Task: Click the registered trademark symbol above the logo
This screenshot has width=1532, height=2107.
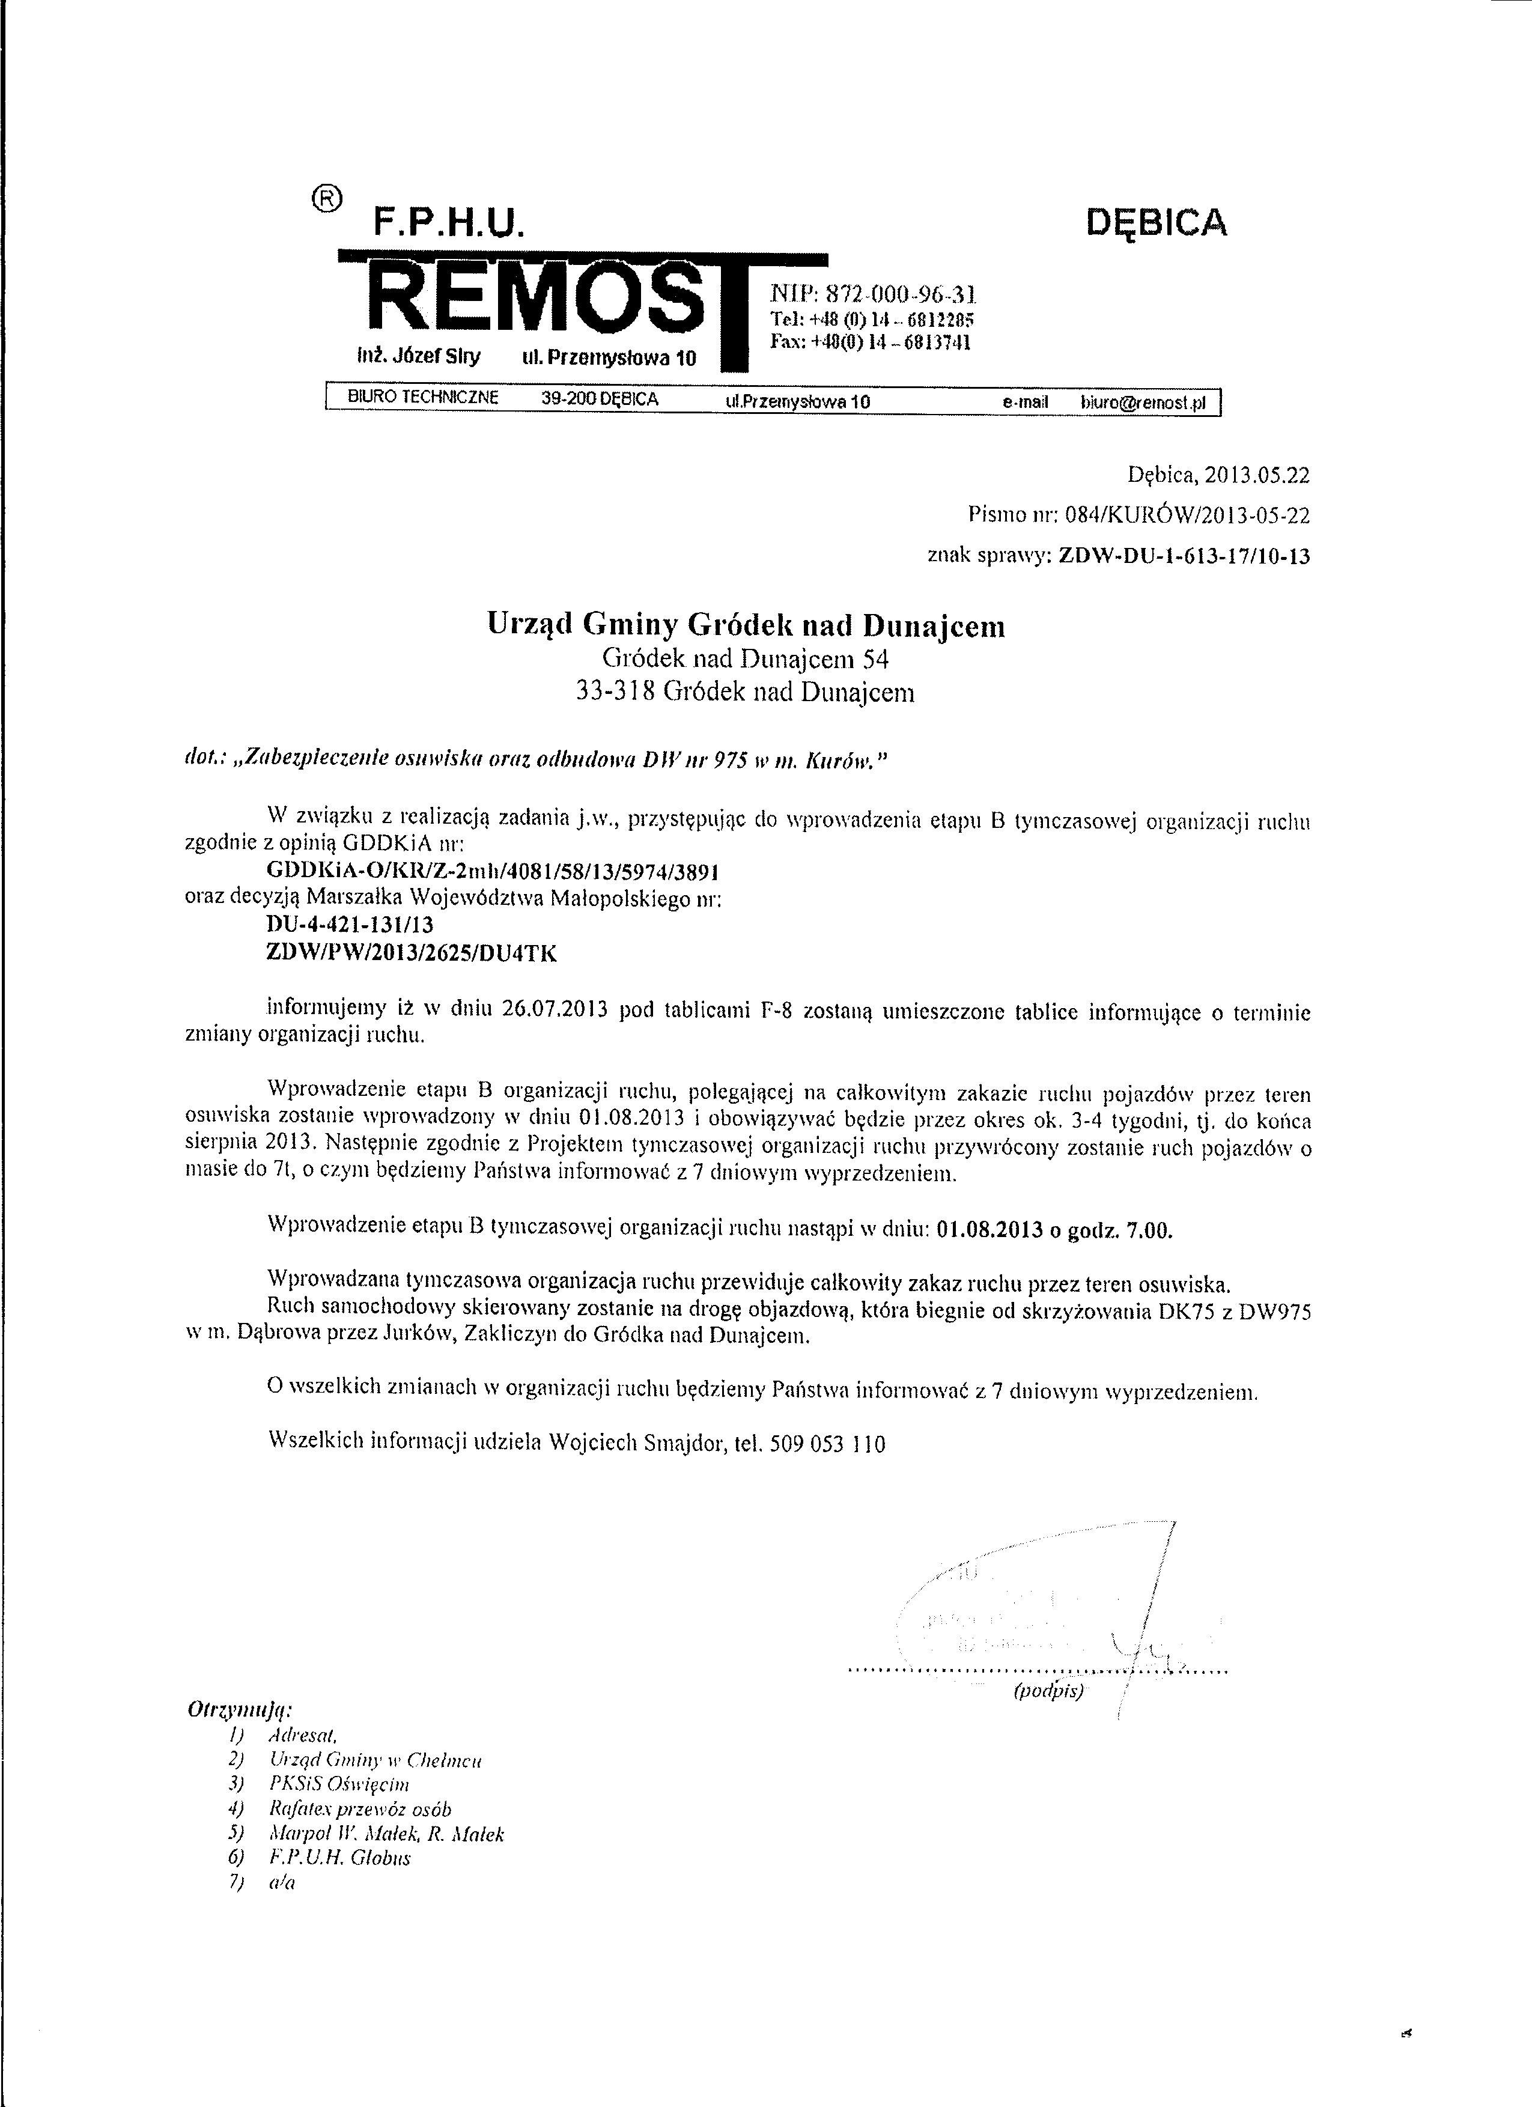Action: pos(327,199)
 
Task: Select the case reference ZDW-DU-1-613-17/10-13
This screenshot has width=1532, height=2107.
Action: pos(1185,556)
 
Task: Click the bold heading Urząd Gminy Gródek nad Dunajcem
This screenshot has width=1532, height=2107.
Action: pos(746,626)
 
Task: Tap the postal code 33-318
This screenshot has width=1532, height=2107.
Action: pos(616,692)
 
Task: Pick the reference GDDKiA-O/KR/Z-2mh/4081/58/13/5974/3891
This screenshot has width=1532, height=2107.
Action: pos(493,872)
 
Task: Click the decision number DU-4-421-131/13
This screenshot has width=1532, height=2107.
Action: pos(350,925)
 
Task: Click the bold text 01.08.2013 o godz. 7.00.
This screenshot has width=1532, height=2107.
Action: pos(1054,1231)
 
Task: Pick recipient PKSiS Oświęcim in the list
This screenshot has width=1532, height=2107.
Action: pos(338,1784)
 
